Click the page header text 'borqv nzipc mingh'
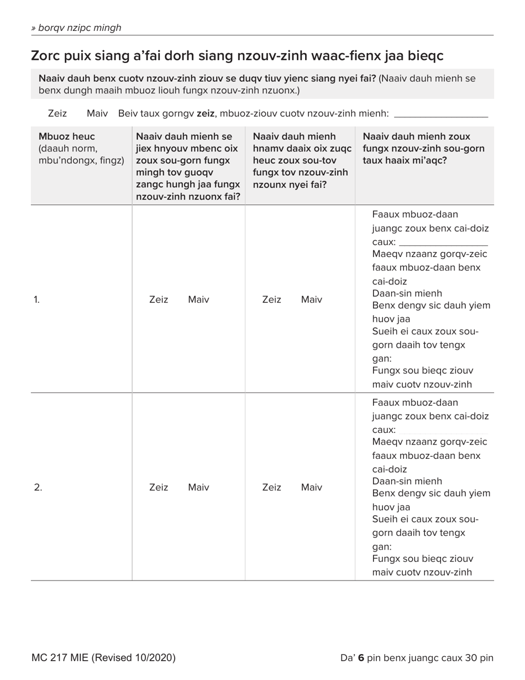[x=79, y=28]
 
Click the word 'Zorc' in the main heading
[x=46, y=56]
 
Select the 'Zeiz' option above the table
[x=57, y=113]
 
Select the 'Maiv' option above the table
[x=97, y=113]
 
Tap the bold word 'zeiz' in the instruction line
[x=205, y=113]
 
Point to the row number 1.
[x=36, y=300]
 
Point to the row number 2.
[x=38, y=487]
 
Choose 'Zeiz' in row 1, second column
[x=159, y=300]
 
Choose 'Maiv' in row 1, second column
[x=198, y=300]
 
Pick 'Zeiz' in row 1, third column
[x=271, y=300]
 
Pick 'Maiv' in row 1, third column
[x=312, y=300]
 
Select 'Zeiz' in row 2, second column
[x=159, y=487]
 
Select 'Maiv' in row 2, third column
[x=312, y=487]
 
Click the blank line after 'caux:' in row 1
[x=443, y=243]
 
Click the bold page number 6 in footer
[x=361, y=658]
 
